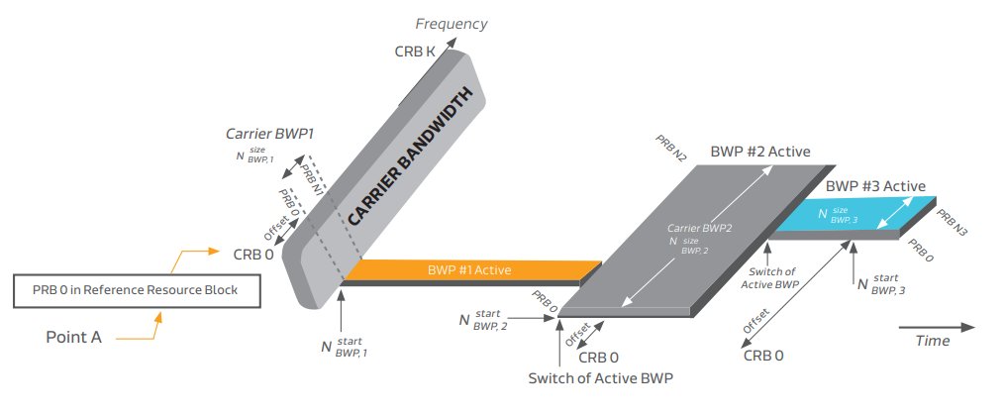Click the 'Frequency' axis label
tap(451, 24)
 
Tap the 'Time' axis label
tap(932, 341)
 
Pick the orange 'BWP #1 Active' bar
tap(469, 269)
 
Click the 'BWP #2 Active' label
tap(759, 153)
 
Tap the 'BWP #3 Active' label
tap(875, 185)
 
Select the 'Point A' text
tap(73, 337)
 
